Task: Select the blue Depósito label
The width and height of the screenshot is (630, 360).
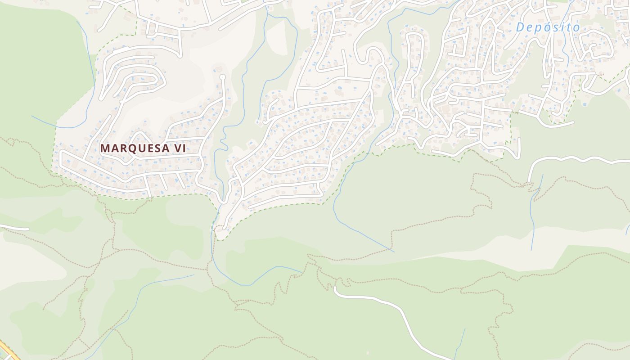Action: [x=548, y=27]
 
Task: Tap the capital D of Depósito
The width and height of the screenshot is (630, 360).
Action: [x=520, y=27]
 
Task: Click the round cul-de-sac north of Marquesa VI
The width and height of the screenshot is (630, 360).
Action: [x=222, y=77]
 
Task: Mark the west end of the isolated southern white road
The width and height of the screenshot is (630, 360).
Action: [x=336, y=288]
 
